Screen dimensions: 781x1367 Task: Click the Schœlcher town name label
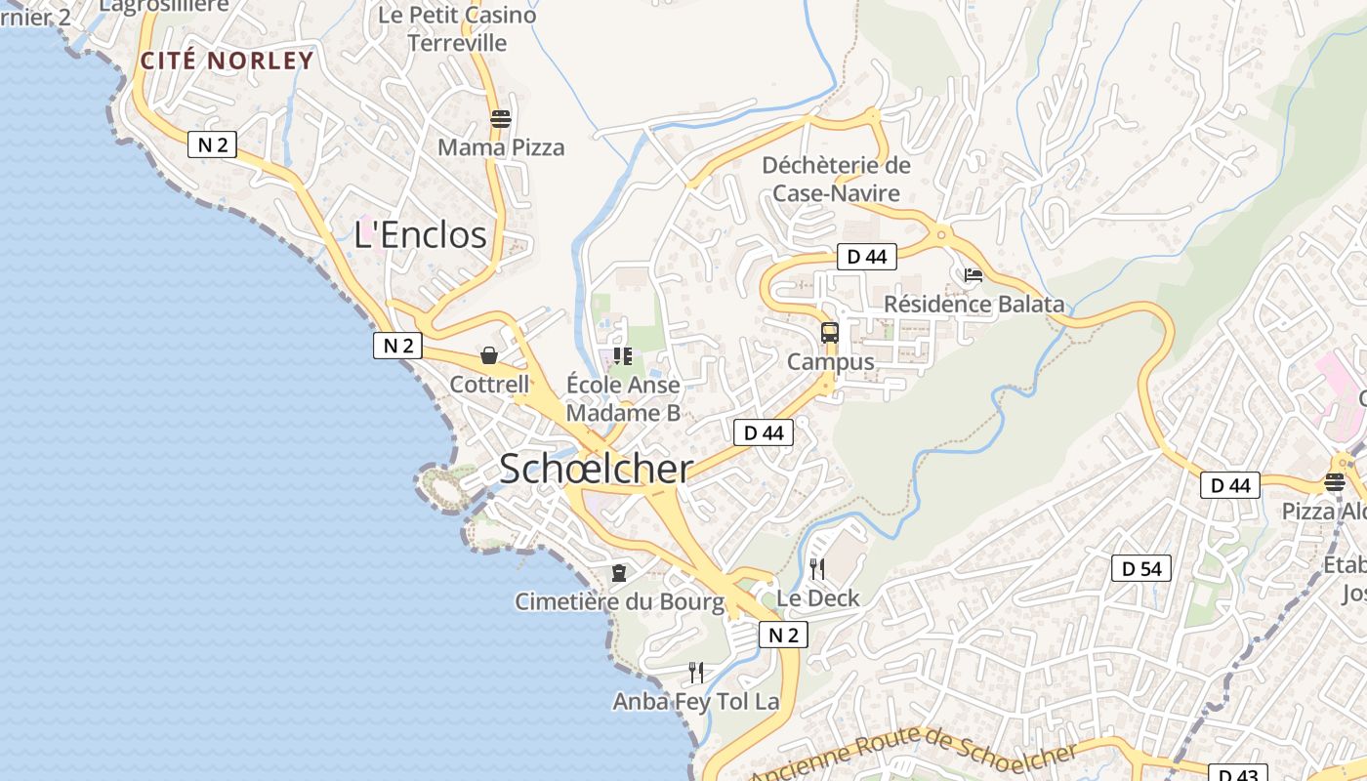pos(596,470)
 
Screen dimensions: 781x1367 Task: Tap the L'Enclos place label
pos(420,235)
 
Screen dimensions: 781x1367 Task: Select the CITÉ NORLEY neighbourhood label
pos(228,61)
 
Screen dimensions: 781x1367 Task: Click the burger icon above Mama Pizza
pos(501,119)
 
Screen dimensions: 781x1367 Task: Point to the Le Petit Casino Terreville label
pos(457,29)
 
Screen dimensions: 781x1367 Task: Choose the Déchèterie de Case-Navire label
pos(836,179)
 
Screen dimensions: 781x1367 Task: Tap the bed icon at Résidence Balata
pos(973,275)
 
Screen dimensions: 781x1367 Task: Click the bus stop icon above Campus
pos(830,333)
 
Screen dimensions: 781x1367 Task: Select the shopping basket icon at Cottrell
pos(489,355)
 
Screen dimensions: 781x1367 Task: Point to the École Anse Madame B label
pos(623,398)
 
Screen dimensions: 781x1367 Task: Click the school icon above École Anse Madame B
pos(622,356)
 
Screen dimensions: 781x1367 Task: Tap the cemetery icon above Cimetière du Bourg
pos(618,572)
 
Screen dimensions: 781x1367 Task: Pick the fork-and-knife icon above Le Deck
pos(817,568)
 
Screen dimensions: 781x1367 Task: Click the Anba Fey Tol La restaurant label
pos(696,701)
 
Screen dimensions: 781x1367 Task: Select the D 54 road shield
pos(1140,568)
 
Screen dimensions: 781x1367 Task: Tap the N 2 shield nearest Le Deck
pos(783,636)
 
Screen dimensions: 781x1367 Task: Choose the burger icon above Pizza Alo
pos(1335,481)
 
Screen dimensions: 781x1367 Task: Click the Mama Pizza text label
pos(501,147)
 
